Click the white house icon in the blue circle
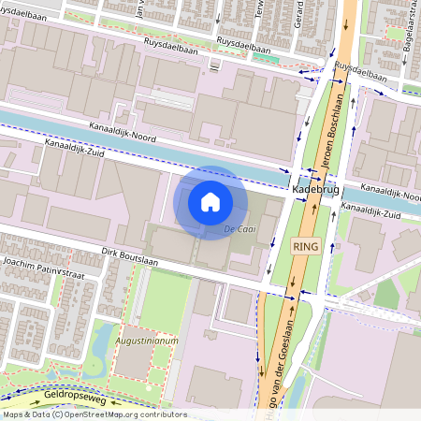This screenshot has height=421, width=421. pyautogui.click(x=210, y=201)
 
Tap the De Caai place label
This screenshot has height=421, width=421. pyautogui.click(x=240, y=228)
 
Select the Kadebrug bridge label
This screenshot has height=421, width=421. pyautogui.click(x=313, y=188)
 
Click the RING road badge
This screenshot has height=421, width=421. pyautogui.click(x=306, y=246)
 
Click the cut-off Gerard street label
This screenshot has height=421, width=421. pyautogui.click(x=298, y=13)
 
